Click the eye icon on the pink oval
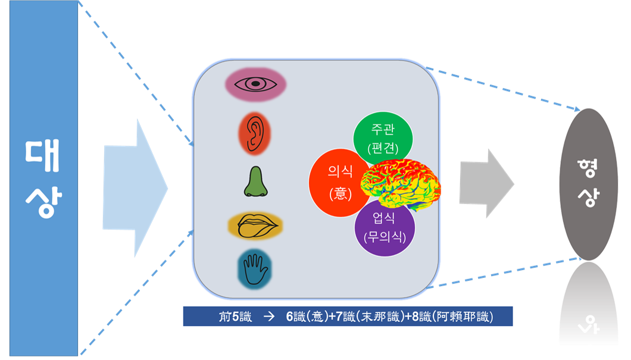click(256, 84)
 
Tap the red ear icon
click(255, 134)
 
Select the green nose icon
click(255, 182)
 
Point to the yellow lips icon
click(255, 226)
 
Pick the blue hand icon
click(255, 269)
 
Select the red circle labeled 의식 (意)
click(341, 183)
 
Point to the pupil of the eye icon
click(256, 84)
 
